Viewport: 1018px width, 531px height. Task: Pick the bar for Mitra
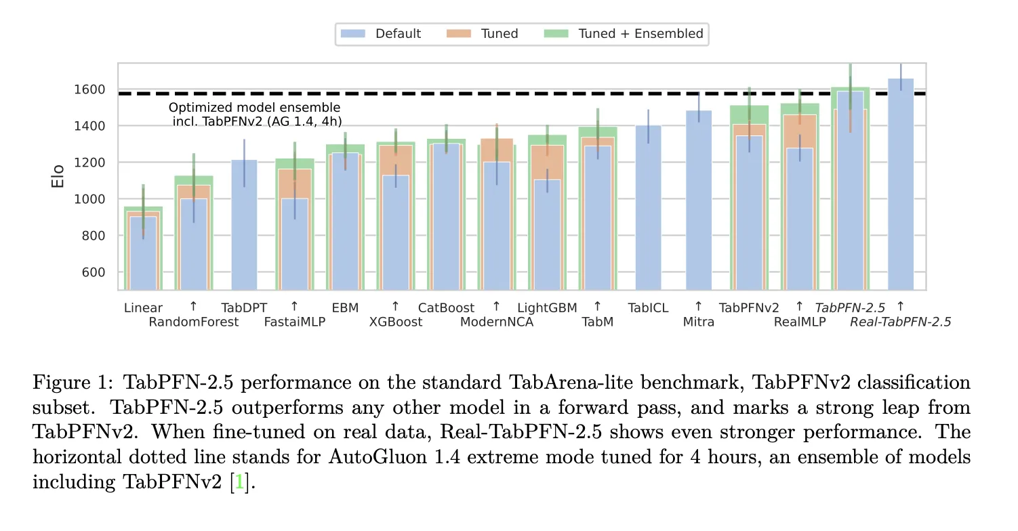click(699, 200)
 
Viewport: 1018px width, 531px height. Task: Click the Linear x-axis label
click(143, 307)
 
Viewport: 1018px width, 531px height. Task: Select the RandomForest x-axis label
click(194, 322)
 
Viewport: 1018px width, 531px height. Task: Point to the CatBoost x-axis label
click(446, 307)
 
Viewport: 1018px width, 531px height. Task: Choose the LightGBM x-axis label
click(547, 307)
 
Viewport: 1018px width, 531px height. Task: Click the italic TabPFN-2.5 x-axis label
click(850, 307)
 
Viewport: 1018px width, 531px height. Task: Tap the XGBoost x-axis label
click(396, 322)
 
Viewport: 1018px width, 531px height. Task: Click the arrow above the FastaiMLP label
click(295, 306)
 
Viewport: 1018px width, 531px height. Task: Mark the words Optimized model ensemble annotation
click(254, 108)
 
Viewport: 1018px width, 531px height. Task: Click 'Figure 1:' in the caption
click(71, 383)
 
